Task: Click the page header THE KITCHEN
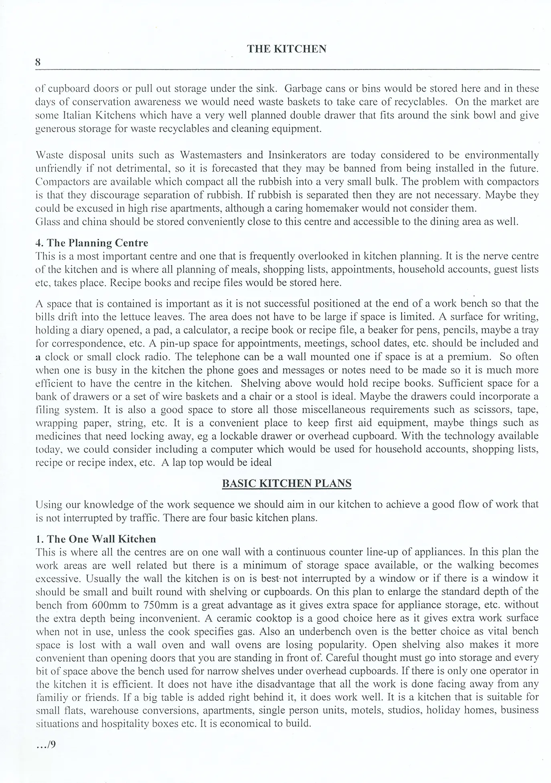pos(286,49)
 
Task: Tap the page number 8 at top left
pos(38,62)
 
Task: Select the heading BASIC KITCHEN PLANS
pos(286,483)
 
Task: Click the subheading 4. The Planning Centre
pos(92,243)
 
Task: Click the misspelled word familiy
pos(47,697)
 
